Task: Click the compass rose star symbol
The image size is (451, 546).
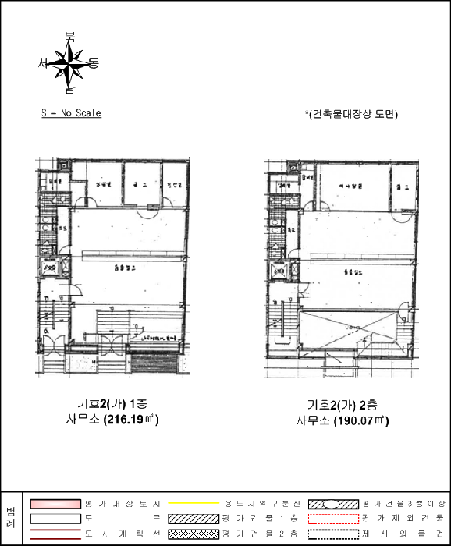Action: pyautogui.click(x=71, y=62)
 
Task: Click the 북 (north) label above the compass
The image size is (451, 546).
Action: pyautogui.click(x=70, y=36)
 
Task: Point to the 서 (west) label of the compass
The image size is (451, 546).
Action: pyautogui.click(x=44, y=63)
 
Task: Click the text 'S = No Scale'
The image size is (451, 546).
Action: pyautogui.click(x=71, y=113)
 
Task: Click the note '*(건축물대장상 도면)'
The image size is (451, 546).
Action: pyautogui.click(x=351, y=114)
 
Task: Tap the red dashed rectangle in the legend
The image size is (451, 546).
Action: pyautogui.click(x=335, y=519)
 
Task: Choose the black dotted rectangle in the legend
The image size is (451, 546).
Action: pyautogui.click(x=335, y=534)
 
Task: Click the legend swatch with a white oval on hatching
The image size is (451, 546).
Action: pyautogui.click(x=335, y=503)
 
